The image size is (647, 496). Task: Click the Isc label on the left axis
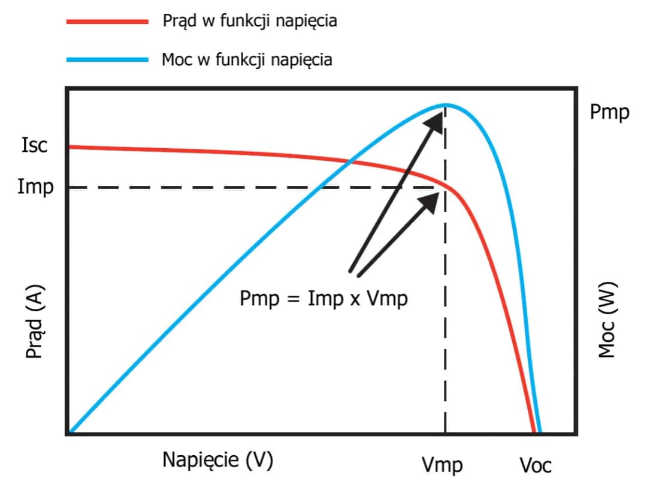click(34, 146)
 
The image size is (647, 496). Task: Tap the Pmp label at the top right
click(609, 112)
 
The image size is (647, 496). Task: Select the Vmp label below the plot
click(443, 465)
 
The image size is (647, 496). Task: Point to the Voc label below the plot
click(535, 465)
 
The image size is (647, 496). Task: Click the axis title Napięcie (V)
click(217, 460)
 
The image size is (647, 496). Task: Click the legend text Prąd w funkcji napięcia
click(250, 22)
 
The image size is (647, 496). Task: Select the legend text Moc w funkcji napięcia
click(247, 60)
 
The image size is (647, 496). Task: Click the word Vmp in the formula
click(386, 298)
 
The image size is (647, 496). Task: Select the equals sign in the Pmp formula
click(292, 299)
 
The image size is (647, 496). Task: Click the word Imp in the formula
click(324, 298)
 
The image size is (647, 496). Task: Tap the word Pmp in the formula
click(259, 298)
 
